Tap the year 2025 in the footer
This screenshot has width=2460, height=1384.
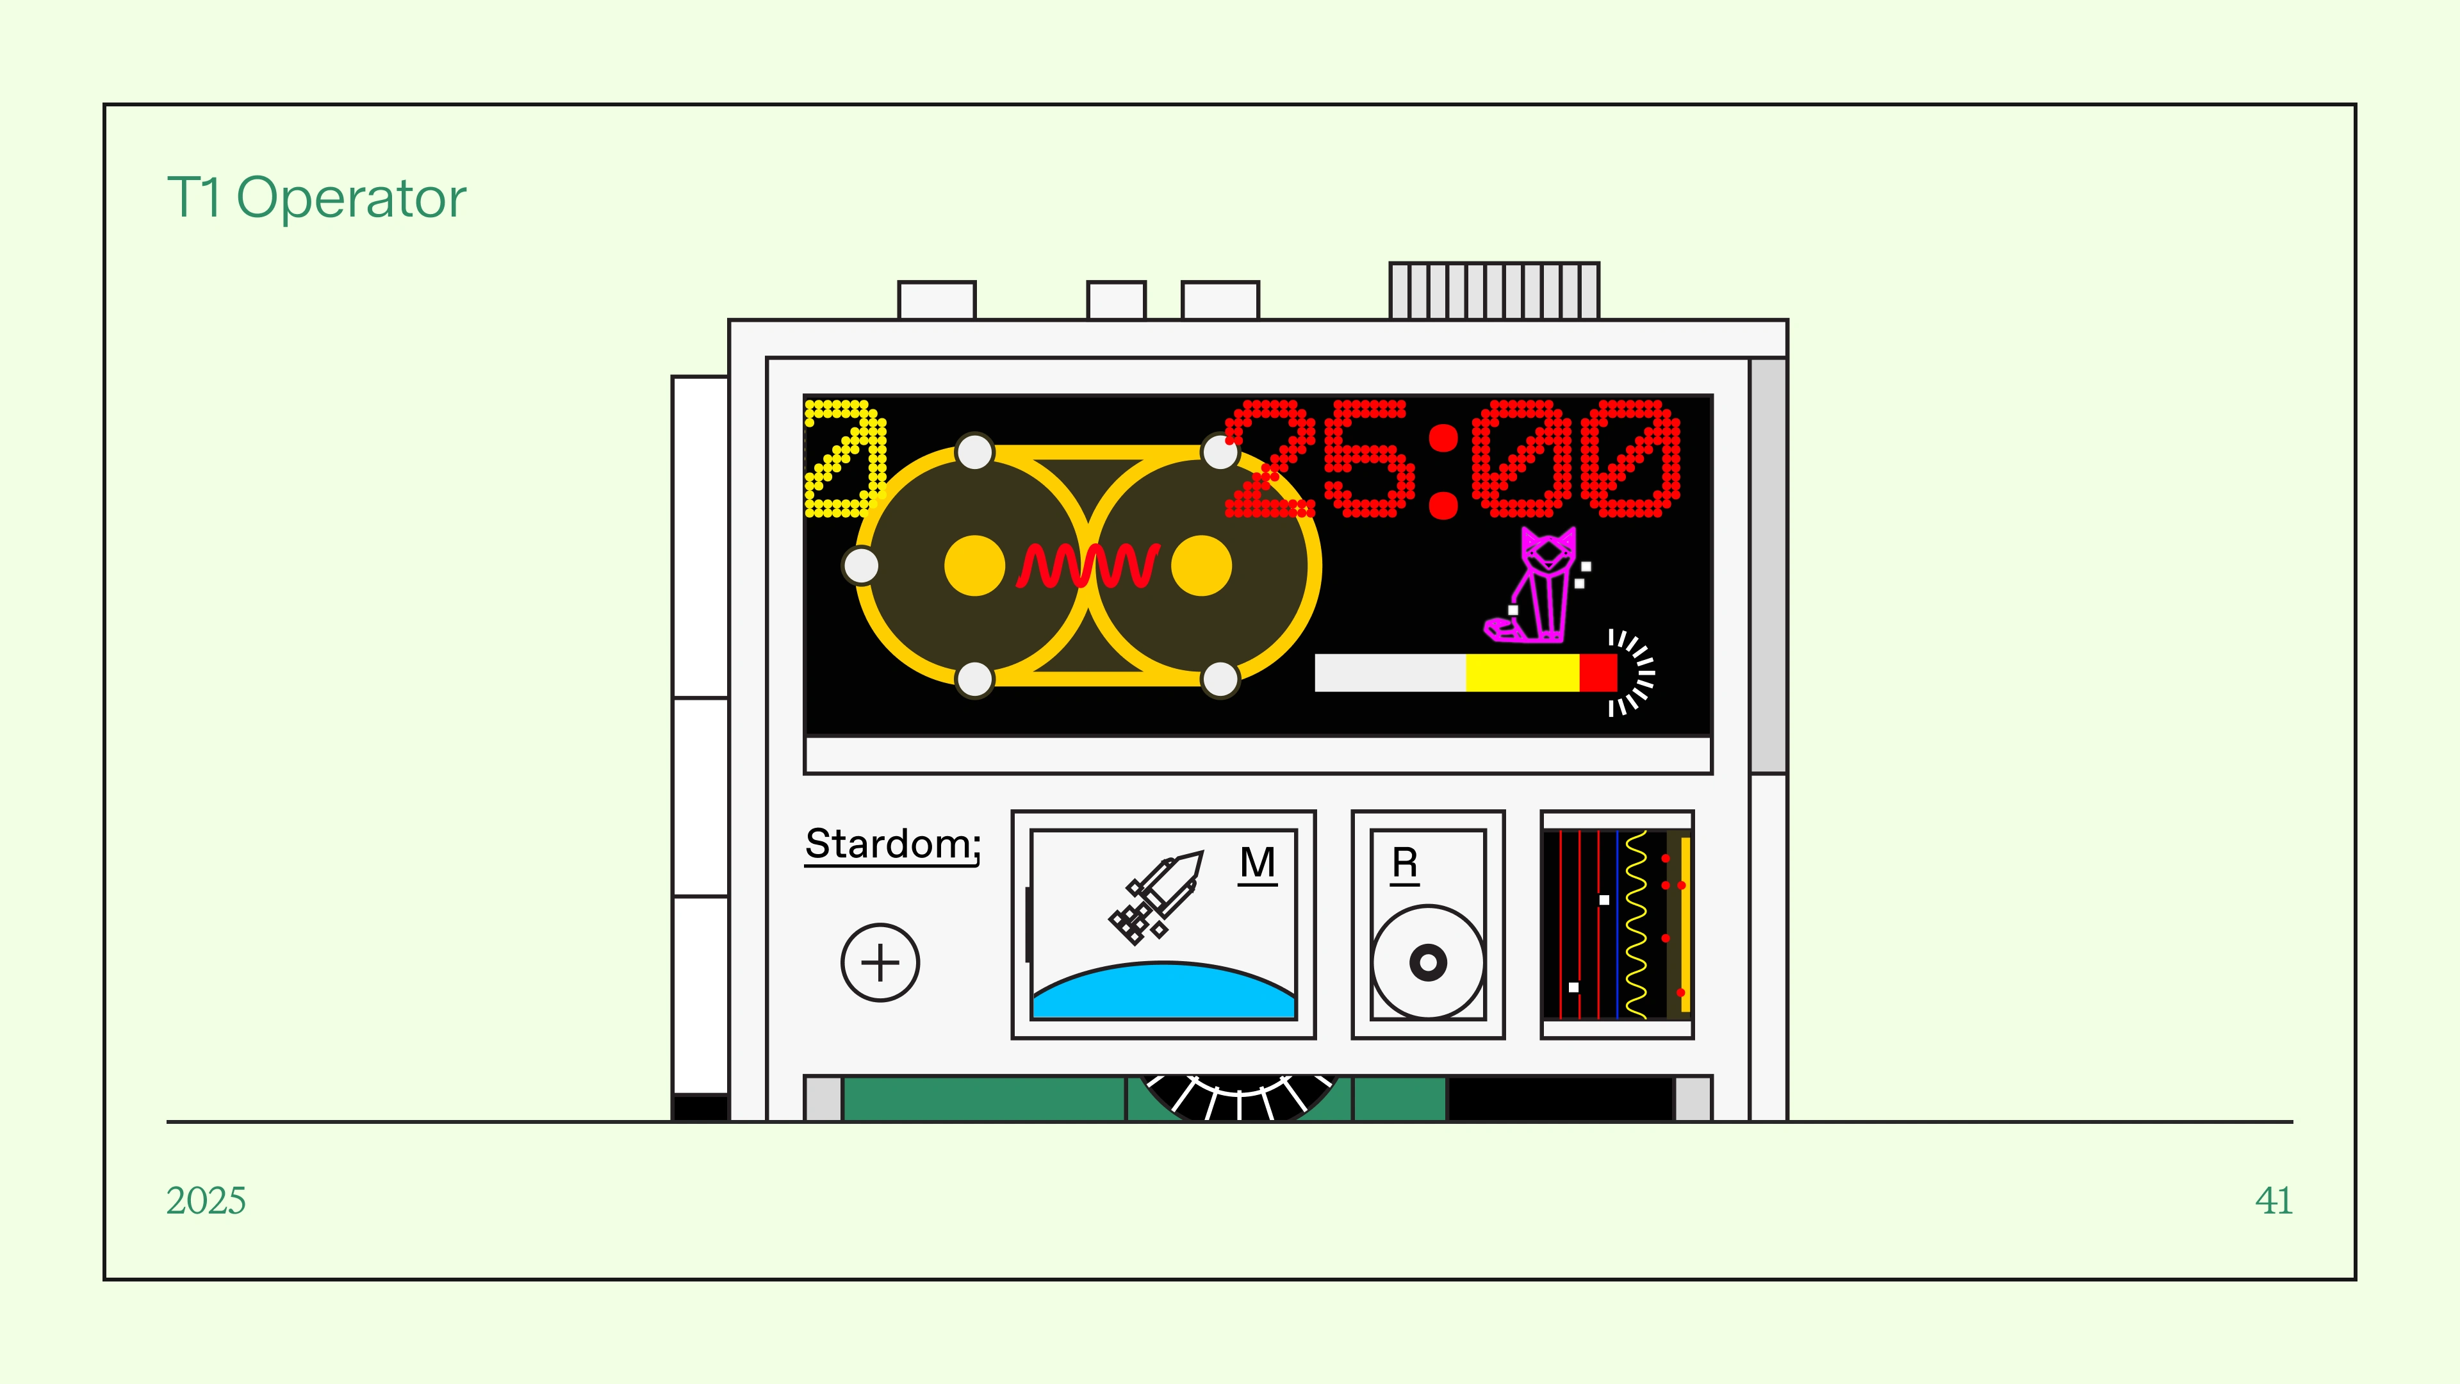coord(205,1201)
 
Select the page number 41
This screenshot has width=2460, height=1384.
coord(2273,1201)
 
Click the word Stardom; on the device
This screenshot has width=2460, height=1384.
coord(892,844)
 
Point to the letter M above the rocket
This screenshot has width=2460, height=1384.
coord(1257,864)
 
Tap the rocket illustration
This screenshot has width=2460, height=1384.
coord(1156,896)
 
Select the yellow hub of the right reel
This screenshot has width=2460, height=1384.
coord(1201,565)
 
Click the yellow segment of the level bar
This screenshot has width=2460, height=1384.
coord(1522,672)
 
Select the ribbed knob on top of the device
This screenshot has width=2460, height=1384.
coord(1493,290)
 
